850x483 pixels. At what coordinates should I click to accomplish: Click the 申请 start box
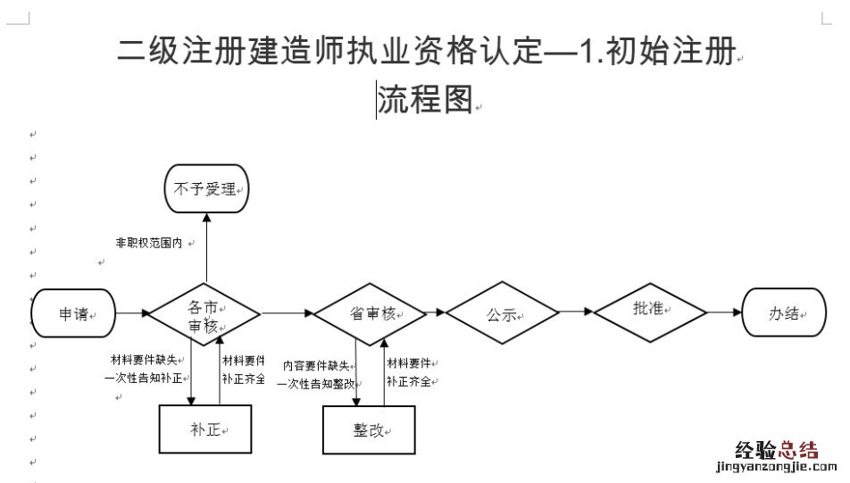[74, 313]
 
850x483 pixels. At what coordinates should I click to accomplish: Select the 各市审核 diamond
[204, 314]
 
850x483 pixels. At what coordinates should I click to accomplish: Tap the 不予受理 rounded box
[205, 189]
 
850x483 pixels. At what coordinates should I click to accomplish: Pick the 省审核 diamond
[369, 313]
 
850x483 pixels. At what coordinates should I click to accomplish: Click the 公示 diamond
[502, 314]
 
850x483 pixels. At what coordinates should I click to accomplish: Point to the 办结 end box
[783, 313]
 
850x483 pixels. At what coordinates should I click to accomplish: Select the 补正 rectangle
[204, 429]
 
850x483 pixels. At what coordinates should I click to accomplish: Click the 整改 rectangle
[369, 429]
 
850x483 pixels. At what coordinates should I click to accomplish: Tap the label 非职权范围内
[149, 242]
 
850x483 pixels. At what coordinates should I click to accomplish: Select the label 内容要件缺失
[316, 364]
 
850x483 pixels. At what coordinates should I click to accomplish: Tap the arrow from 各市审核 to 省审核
[286, 313]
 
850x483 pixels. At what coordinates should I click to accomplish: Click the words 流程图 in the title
[424, 100]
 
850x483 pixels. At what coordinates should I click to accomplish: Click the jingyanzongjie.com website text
[771, 466]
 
